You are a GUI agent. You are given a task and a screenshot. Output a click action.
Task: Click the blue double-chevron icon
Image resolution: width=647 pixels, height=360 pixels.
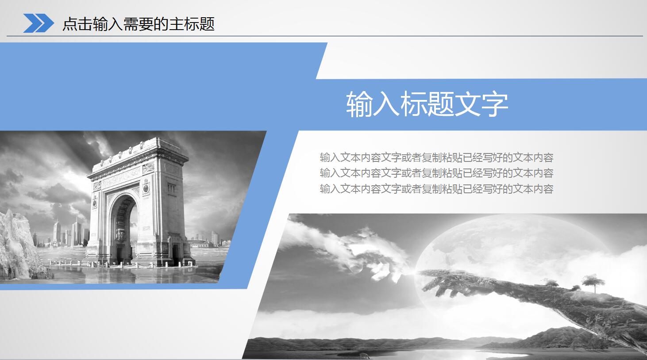tap(38, 23)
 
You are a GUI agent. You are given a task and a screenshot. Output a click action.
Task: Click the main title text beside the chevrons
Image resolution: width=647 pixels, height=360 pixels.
tap(139, 24)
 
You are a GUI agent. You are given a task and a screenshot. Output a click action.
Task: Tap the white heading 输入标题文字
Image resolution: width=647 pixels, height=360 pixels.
tap(427, 105)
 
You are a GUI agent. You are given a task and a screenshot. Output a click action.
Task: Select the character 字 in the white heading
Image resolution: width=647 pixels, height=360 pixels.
tap(495, 105)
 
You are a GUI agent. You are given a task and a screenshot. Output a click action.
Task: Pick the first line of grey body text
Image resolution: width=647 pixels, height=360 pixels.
tap(436, 157)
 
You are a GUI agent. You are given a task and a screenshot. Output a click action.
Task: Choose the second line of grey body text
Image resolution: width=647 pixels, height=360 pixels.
tap(436, 173)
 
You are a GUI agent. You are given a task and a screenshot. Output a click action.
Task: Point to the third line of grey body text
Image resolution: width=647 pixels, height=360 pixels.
tap(436, 189)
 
